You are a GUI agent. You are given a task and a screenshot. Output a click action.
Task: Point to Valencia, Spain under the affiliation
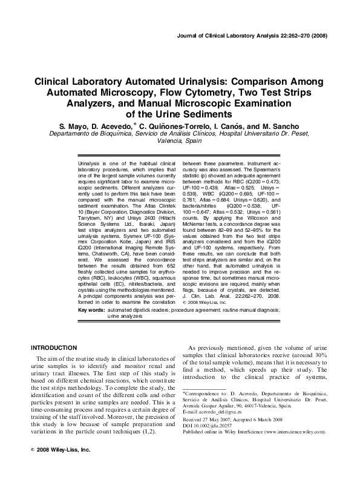[x=180, y=140]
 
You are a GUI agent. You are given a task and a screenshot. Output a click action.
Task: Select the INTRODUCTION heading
[x=54, y=347]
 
